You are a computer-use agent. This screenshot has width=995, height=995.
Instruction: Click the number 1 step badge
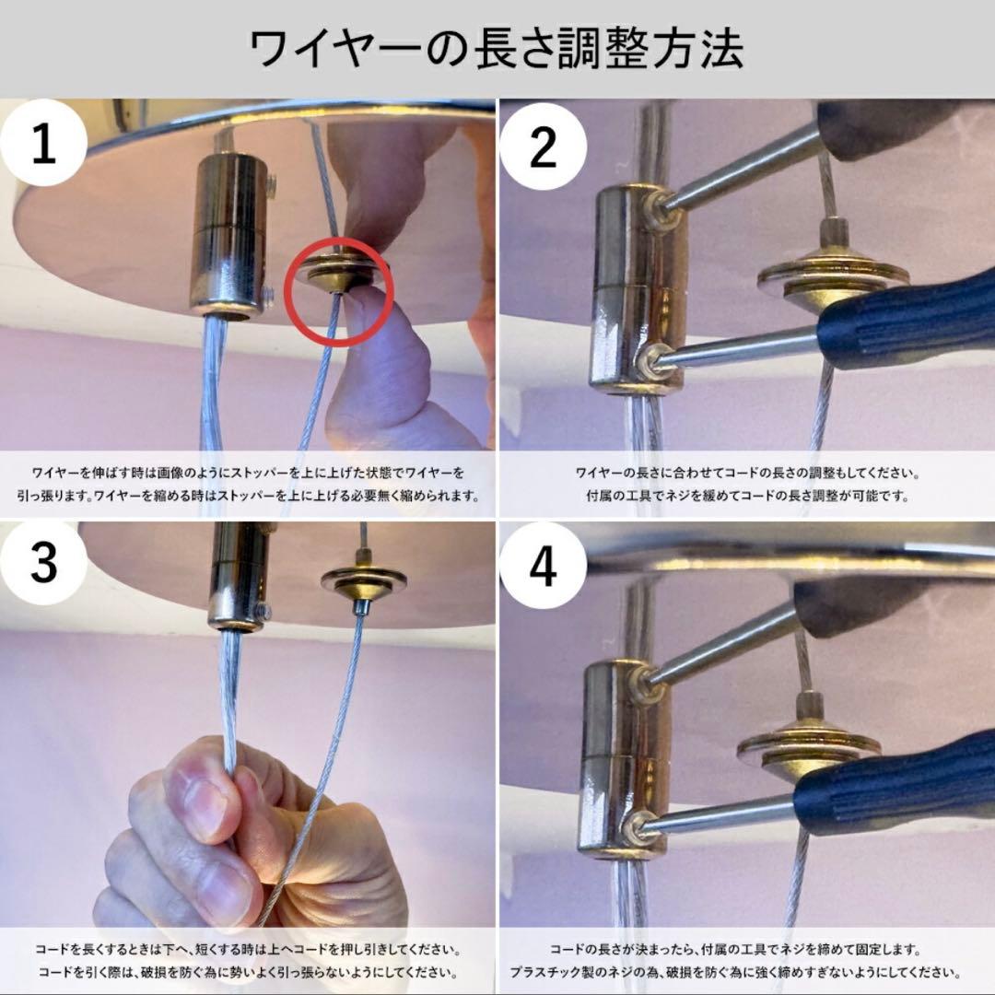(x=44, y=146)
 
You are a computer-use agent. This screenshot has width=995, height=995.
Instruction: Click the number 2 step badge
(x=544, y=146)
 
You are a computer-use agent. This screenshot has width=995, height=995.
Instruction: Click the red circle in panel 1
(x=340, y=296)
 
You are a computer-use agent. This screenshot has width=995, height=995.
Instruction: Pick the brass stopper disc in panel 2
(x=820, y=274)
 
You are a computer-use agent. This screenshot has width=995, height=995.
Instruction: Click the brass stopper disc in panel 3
(x=363, y=580)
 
